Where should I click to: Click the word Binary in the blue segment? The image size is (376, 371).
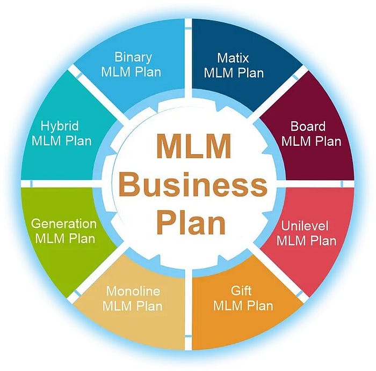coord(134,57)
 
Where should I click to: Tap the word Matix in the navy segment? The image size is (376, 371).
coord(233,57)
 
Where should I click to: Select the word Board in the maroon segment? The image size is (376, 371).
coord(308,127)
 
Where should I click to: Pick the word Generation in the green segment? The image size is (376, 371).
coord(63,224)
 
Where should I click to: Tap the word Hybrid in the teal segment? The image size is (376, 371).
coord(60,127)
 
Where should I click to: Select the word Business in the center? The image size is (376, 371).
coord(193,186)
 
